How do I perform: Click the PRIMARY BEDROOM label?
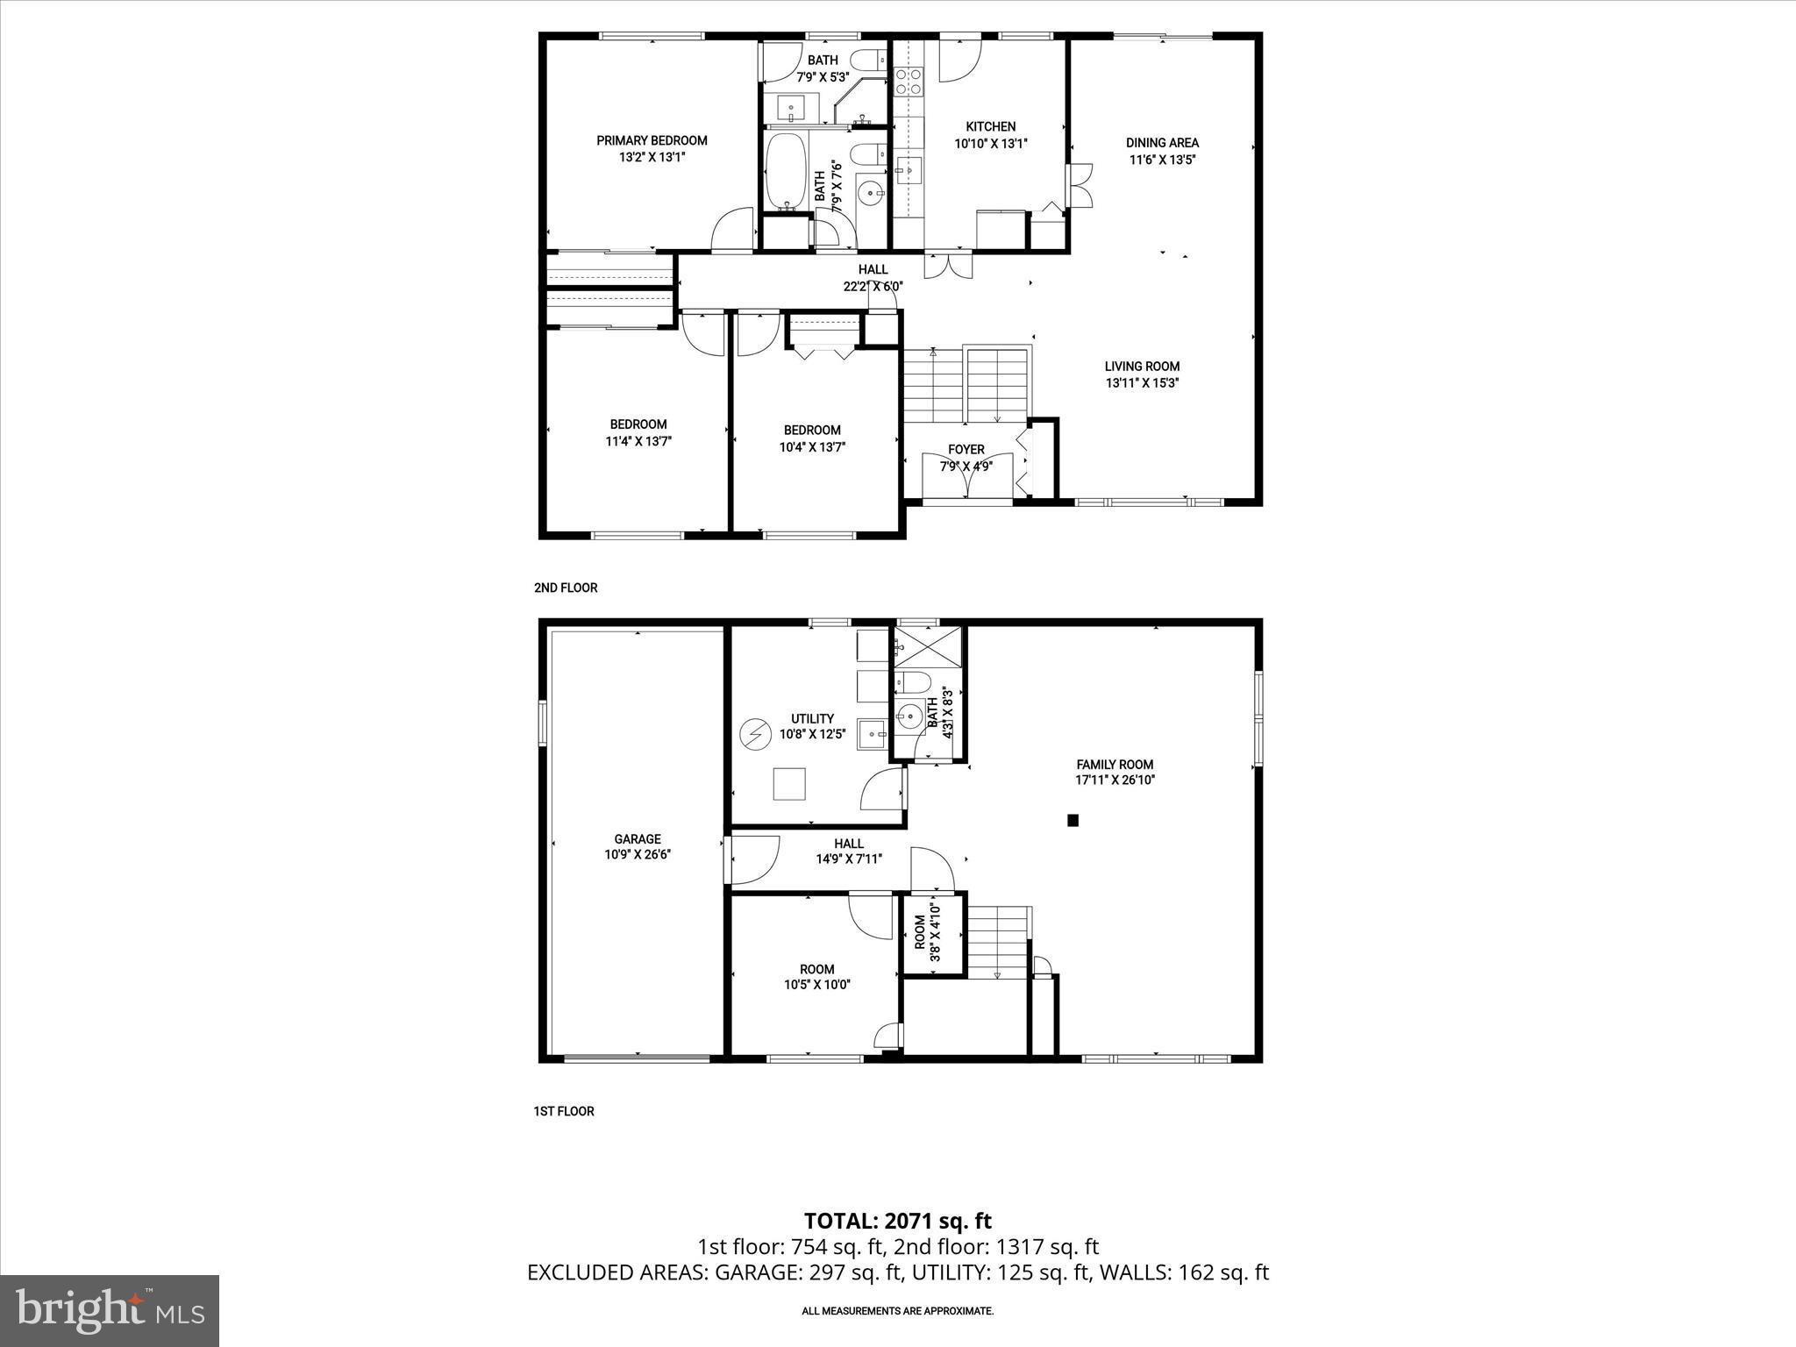[x=652, y=140]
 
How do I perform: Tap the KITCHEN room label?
[x=990, y=126]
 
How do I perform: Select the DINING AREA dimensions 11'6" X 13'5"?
[x=1162, y=160]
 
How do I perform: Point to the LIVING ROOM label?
[x=1142, y=367]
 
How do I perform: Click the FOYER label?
[x=966, y=450]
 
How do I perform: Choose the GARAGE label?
[x=638, y=838]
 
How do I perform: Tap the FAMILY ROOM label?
[x=1115, y=764]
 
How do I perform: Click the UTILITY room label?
[x=812, y=718]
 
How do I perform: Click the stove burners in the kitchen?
[x=908, y=82]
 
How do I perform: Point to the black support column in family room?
[x=1072, y=821]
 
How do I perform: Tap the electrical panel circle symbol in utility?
[x=752, y=732]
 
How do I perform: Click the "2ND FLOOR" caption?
[x=566, y=588]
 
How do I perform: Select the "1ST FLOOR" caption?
[x=564, y=1111]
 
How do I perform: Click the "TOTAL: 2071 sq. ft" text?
[x=897, y=1221]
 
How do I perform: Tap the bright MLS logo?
[x=110, y=1311]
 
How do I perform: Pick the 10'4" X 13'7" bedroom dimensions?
[x=812, y=446]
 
